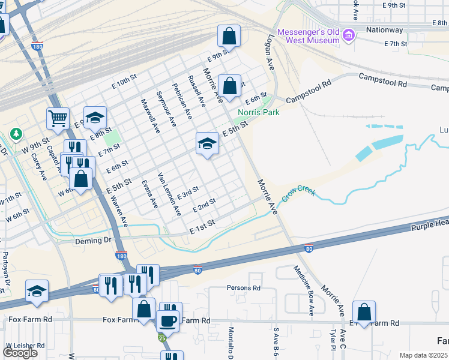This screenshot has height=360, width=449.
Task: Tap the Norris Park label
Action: click(259, 112)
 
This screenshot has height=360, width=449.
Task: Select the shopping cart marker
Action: click(58, 119)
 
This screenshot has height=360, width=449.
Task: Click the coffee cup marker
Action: click(167, 320)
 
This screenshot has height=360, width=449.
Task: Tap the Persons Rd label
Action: click(243, 287)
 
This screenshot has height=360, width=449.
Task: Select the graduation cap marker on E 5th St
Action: click(207, 143)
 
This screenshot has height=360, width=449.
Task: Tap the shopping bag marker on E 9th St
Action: click(229, 36)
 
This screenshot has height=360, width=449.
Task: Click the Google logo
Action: click(20, 353)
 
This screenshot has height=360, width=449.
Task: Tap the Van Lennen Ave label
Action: click(169, 194)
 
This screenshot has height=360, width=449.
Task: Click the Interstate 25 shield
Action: click(163, 338)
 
